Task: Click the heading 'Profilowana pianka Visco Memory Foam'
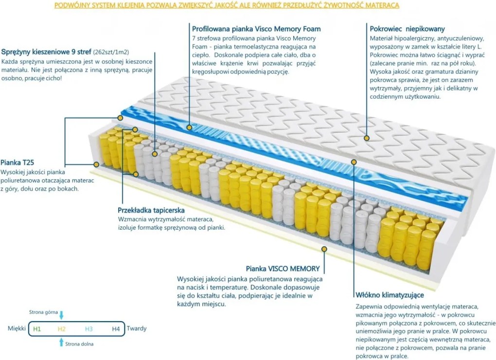pyautogui.click(x=256, y=29)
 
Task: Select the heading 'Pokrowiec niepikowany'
pyautogui.click(x=407, y=29)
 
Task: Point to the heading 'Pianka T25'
pyautogui.click(x=17, y=162)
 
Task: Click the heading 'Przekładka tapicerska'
pyautogui.click(x=151, y=211)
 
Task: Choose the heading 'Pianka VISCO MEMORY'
pyautogui.click(x=283, y=268)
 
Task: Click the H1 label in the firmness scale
pyautogui.click(x=37, y=329)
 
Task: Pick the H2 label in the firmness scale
pyautogui.click(x=61, y=329)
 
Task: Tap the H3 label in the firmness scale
pyautogui.click(x=89, y=329)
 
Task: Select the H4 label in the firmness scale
pyautogui.click(x=115, y=329)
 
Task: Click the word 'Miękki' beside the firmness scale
pyautogui.click(x=17, y=329)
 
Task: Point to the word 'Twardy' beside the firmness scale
pyautogui.click(x=137, y=329)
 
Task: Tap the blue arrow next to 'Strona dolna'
pyautogui.click(x=61, y=342)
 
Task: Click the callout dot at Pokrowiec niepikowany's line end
pyautogui.click(x=366, y=138)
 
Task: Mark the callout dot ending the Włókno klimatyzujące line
pyautogui.click(x=354, y=161)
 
